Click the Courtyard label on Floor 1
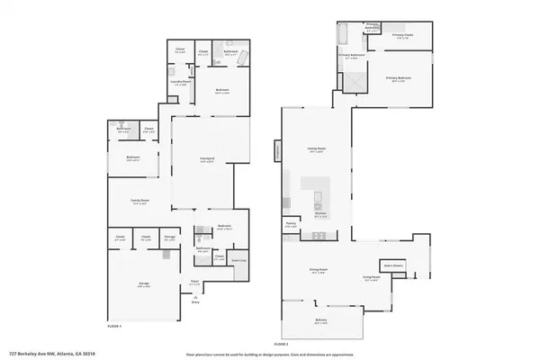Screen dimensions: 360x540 tap(206, 160)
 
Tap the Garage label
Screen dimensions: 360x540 tap(144, 283)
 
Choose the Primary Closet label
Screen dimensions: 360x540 tap(401, 36)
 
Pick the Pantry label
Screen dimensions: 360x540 tap(292, 225)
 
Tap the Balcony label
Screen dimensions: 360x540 tap(321, 322)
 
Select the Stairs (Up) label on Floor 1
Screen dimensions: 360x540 tap(239, 259)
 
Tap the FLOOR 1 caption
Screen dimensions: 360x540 tap(114, 326)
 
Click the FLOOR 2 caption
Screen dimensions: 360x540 tap(281, 343)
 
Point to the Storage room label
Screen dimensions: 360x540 tap(169, 239)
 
